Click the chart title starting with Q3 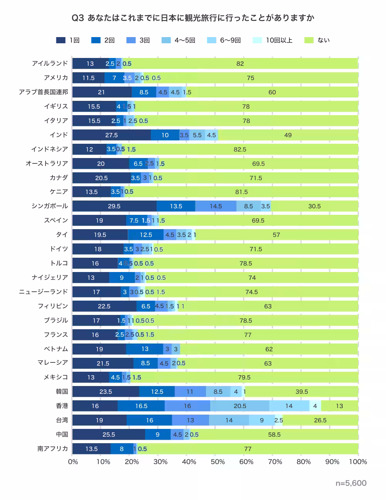pyautogui.click(x=193, y=18)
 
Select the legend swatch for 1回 pyautogui.click(x=61, y=40)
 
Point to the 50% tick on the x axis pyautogui.click(x=218, y=462)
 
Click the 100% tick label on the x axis pyautogui.click(x=358, y=462)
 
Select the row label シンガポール pyautogui.click(x=50, y=206)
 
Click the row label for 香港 pyautogui.click(x=62, y=406)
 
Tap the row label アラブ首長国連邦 pyautogui.click(x=44, y=92)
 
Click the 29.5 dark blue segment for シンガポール pyautogui.click(x=114, y=206)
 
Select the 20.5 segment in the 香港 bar pyautogui.click(x=240, y=406)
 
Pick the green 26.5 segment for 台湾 pyautogui.click(x=320, y=420)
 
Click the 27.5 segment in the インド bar pyautogui.click(x=112, y=135)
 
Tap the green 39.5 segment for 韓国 pyautogui.click(x=302, y=391)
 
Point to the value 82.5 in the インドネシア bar pyautogui.click(x=240, y=149)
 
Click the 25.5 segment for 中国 pyautogui.click(x=109, y=434)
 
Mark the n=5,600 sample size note pyautogui.click(x=351, y=483)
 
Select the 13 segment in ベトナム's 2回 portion pyautogui.click(x=145, y=349)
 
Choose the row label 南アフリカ pyautogui.click(x=52, y=449)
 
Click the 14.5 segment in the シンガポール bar pyautogui.click(x=216, y=206)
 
